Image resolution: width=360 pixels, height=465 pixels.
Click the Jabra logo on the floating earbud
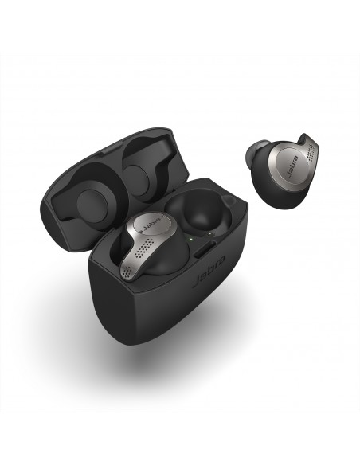[292, 166]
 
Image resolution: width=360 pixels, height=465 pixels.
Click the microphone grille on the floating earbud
[311, 151]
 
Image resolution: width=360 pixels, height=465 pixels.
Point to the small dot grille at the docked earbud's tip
[127, 271]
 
